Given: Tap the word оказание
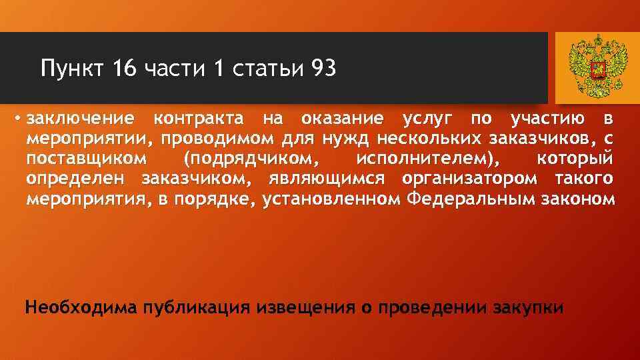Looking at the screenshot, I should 342,120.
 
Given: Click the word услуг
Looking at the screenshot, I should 426,120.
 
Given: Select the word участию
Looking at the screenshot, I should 547,120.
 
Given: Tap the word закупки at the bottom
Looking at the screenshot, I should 530,309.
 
